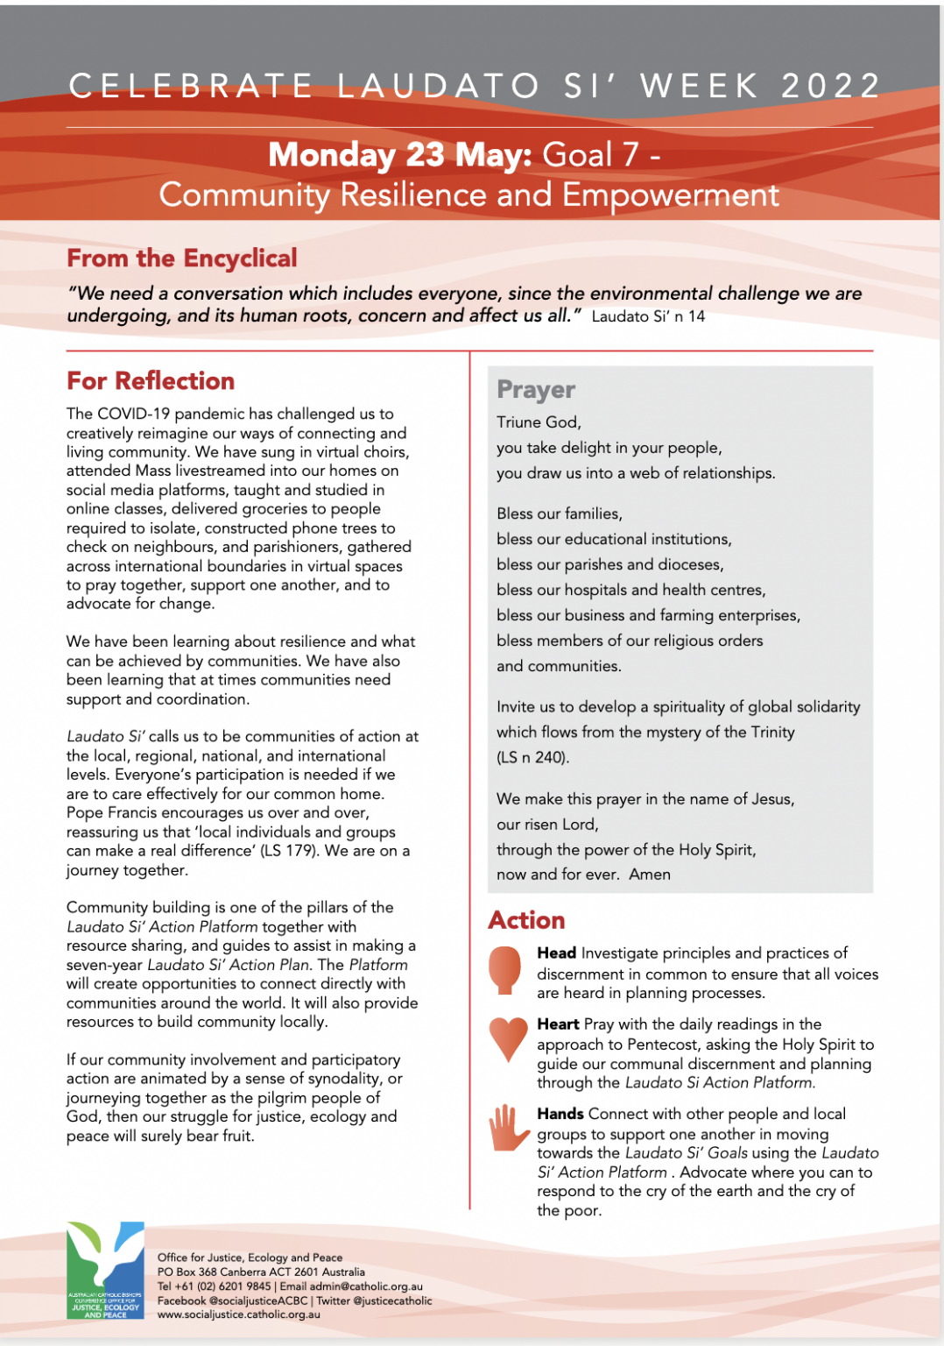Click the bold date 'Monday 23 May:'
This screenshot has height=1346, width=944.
tap(400, 155)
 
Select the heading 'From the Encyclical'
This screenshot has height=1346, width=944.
tap(182, 259)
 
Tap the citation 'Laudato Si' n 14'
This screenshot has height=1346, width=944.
tap(648, 316)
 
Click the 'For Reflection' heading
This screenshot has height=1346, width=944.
tap(151, 381)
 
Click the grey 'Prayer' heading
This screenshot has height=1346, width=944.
tap(536, 389)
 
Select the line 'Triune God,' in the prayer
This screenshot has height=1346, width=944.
tap(539, 422)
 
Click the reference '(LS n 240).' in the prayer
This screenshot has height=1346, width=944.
tap(532, 757)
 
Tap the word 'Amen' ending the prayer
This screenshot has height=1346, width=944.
tap(650, 875)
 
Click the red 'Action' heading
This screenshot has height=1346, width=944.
tap(527, 920)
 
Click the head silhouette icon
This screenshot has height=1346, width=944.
tap(504, 969)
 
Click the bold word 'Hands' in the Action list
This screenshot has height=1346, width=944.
tap(560, 1114)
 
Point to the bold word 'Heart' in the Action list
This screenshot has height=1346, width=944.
tap(559, 1024)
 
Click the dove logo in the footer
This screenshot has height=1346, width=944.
tap(105, 1270)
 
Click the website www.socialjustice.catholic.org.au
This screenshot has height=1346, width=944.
tap(239, 1314)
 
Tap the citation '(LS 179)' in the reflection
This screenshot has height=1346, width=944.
tap(289, 851)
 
